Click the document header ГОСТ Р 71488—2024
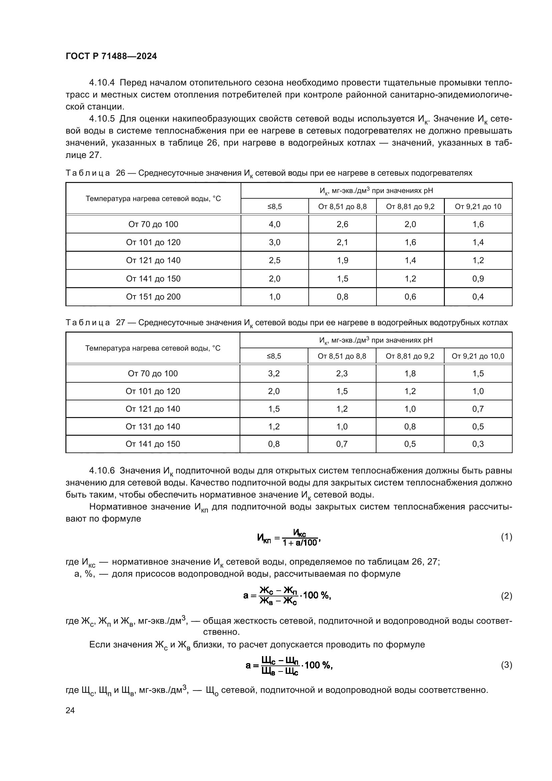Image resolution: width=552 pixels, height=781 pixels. (x=111, y=56)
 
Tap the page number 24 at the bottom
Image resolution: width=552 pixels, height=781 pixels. (x=70, y=710)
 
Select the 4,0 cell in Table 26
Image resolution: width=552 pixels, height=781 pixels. (x=274, y=224)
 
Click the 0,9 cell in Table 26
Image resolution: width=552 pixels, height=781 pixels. (x=478, y=278)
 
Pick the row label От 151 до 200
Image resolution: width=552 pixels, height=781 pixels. (x=153, y=297)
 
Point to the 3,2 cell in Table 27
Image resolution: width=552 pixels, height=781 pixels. (x=274, y=374)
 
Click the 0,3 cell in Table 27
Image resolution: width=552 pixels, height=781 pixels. (x=478, y=444)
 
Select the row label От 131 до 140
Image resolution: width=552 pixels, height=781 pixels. (x=153, y=426)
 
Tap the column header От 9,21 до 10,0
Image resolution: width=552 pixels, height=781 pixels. (x=478, y=356)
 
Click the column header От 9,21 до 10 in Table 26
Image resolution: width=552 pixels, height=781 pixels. (x=478, y=206)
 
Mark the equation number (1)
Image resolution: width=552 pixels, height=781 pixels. (x=507, y=537)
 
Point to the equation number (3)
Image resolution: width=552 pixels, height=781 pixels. (x=507, y=665)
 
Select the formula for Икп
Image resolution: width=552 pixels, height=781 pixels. (x=289, y=538)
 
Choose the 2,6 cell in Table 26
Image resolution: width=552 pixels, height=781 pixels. (x=342, y=224)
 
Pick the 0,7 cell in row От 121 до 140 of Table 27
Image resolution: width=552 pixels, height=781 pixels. (x=478, y=409)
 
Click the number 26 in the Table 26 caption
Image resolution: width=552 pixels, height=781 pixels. (x=120, y=173)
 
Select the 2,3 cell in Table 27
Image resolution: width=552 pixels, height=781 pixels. (x=342, y=374)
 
